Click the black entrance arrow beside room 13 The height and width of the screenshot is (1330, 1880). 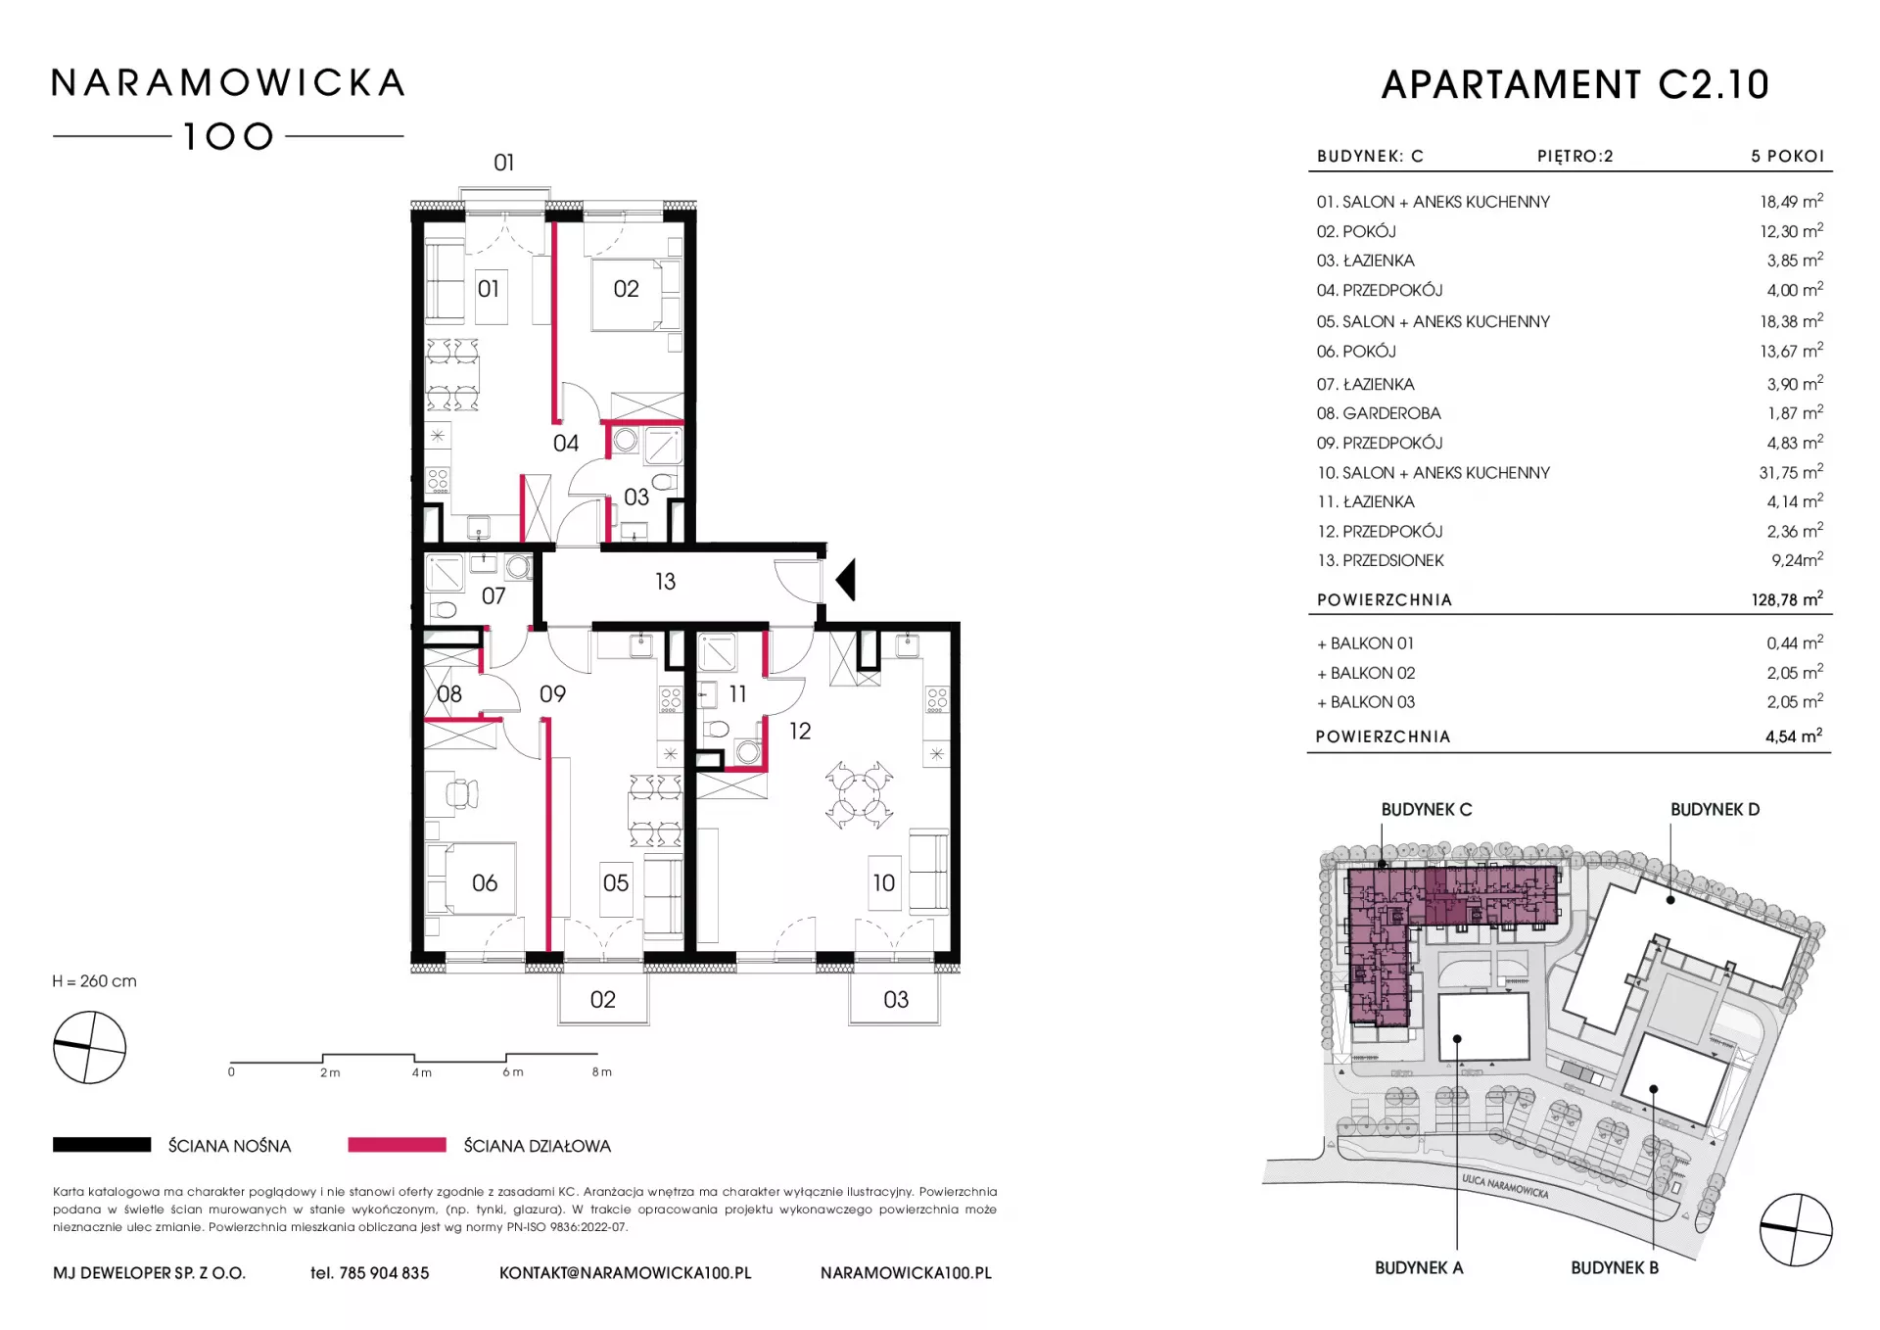[x=847, y=580]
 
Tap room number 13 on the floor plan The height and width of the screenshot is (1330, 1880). [x=665, y=582]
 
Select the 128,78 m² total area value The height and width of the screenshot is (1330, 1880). [x=1787, y=598]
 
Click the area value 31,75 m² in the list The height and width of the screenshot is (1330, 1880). [x=1791, y=472]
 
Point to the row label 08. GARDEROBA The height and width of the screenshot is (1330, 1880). [x=1379, y=413]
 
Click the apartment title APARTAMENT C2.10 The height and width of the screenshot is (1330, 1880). [x=1575, y=85]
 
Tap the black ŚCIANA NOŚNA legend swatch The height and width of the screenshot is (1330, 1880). [x=102, y=1145]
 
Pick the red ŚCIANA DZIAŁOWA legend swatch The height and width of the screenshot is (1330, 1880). [x=397, y=1145]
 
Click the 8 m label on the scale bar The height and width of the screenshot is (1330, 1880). [x=601, y=1072]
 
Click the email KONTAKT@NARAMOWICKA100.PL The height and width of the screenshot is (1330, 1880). [x=626, y=1273]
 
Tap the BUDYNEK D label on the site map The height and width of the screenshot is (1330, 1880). [x=1715, y=810]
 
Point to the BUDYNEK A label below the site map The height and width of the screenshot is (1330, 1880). [x=1419, y=1268]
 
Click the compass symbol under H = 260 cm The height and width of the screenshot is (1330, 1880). [x=89, y=1048]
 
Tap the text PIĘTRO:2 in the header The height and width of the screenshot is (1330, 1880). [x=1574, y=156]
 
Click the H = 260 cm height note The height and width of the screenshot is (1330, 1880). [x=94, y=981]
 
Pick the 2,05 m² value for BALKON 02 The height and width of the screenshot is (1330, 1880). [x=1795, y=672]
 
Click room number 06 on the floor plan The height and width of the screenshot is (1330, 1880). [x=485, y=883]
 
